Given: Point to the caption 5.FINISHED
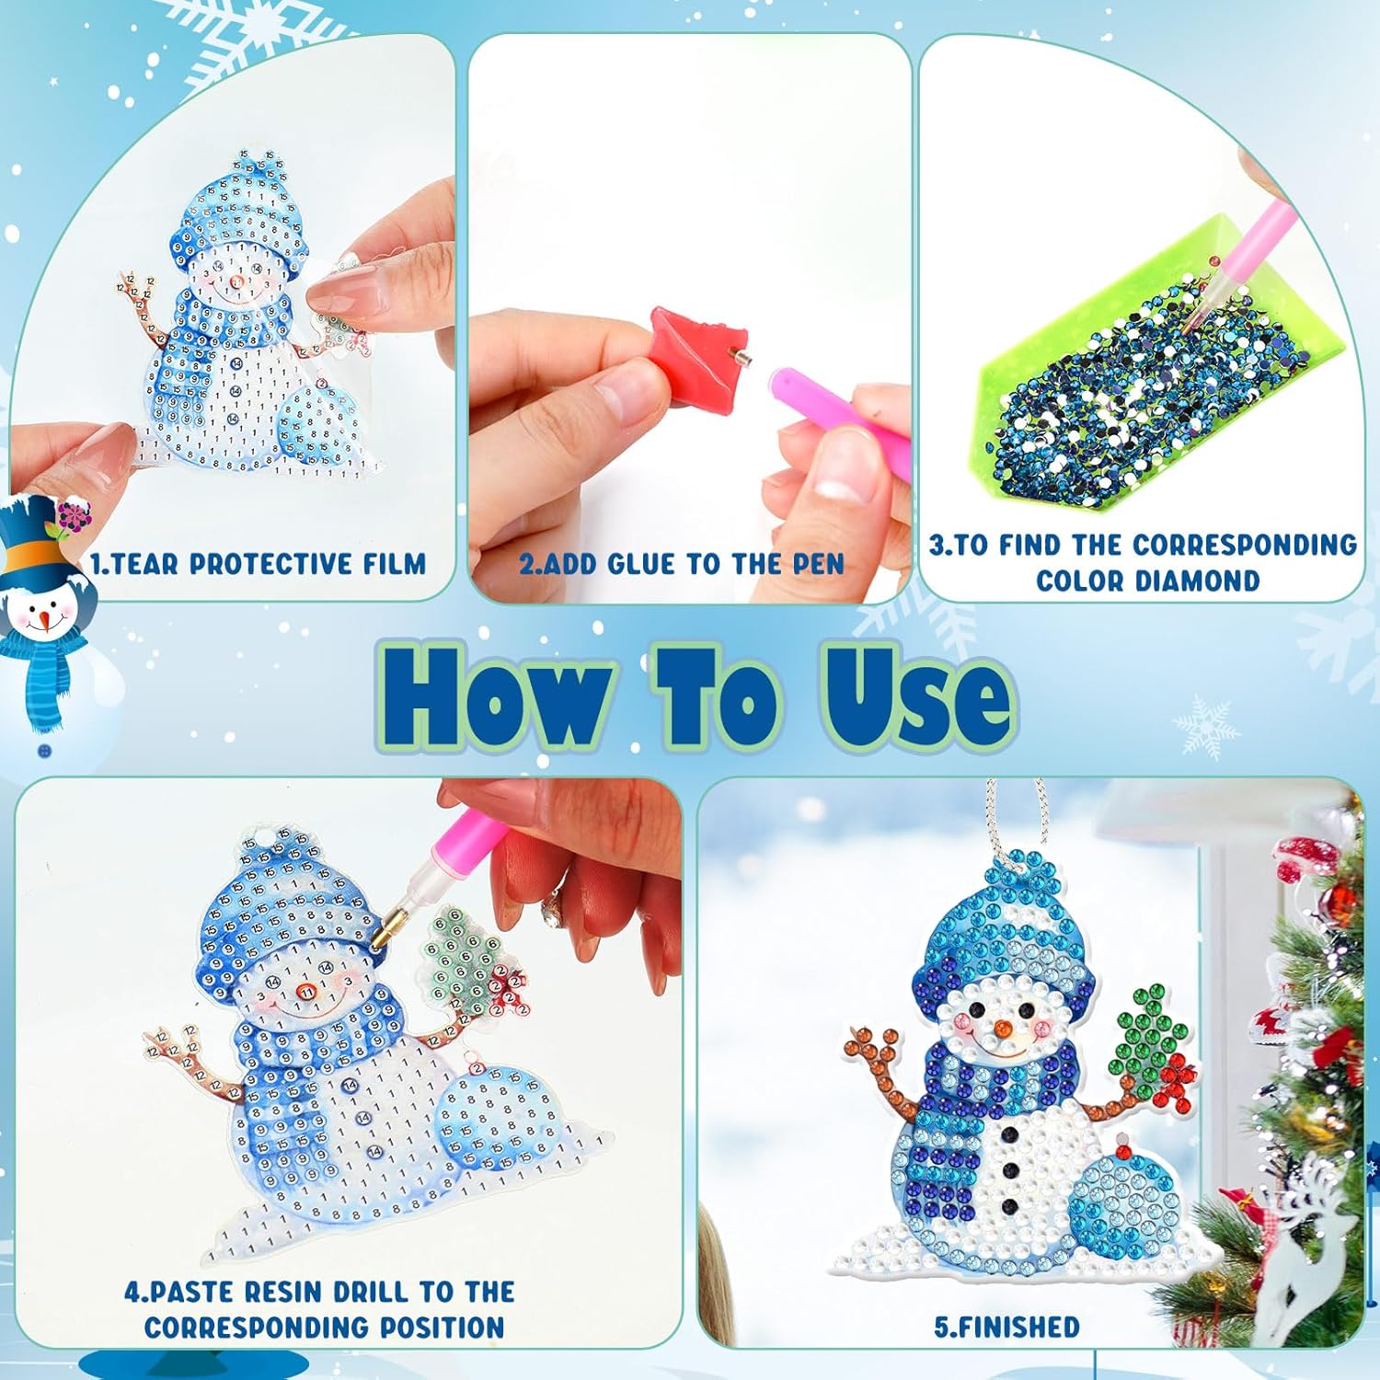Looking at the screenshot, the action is click(x=1006, y=1327).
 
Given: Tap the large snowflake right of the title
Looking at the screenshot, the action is click(x=1204, y=727).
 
